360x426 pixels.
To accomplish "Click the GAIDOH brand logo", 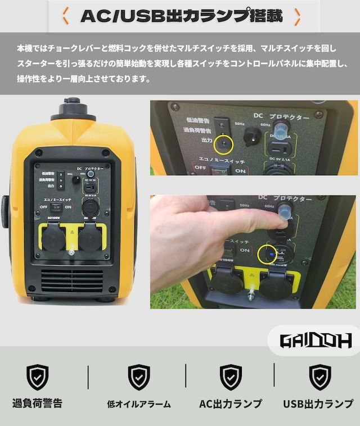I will pos(316,340).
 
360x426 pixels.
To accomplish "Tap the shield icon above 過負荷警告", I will pos(38,377).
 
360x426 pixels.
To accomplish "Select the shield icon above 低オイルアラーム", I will pos(138,377).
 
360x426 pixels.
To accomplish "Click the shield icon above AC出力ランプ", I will pos(231,377).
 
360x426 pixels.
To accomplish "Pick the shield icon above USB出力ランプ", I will pos(319,377).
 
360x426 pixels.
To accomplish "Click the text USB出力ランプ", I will pos(318,404).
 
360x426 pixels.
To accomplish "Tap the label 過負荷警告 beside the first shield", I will pos(38,404).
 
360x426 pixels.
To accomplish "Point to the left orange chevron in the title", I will pos(65,16).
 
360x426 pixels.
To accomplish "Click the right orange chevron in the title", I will pos(297,16).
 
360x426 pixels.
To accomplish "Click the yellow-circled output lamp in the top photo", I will pos(225,144).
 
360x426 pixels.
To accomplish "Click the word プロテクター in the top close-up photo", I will pos(291,117).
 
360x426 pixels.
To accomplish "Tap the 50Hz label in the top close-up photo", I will pos(240,124).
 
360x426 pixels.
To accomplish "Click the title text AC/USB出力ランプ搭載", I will pos(181,16).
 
